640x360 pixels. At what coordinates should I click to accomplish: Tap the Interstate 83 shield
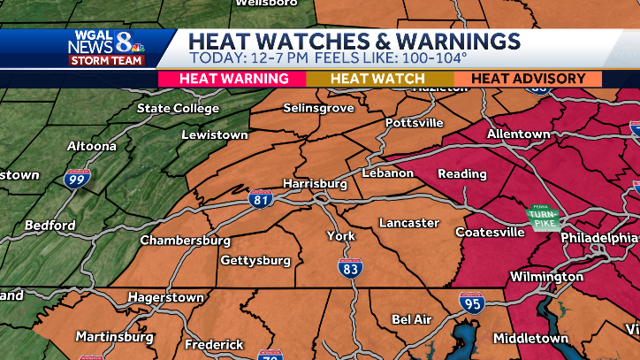[350, 267]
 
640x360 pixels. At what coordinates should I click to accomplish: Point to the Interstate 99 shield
[77, 179]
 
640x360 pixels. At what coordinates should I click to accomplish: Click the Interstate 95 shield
[471, 304]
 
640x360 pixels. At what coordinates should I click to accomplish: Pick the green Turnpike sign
[539, 218]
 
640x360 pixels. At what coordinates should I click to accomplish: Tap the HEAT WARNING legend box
[234, 79]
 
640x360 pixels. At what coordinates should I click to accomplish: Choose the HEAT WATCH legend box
[377, 79]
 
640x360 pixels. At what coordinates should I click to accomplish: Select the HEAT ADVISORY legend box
[528, 79]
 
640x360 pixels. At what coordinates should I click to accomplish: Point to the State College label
[178, 109]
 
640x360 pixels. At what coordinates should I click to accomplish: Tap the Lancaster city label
[409, 223]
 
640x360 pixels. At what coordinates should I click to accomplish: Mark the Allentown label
[519, 134]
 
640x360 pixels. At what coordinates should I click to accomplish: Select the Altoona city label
[92, 146]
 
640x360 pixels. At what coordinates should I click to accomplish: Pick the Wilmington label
[547, 277]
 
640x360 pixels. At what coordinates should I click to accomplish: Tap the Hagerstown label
[166, 298]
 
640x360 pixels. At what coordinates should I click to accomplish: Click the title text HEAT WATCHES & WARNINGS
[354, 41]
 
